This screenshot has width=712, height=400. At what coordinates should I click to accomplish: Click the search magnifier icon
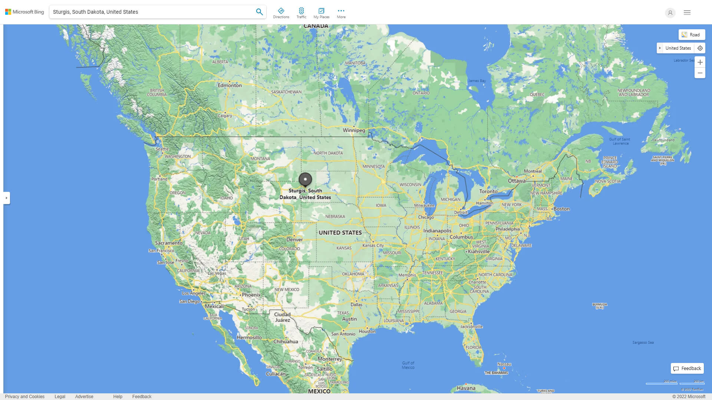tap(259, 12)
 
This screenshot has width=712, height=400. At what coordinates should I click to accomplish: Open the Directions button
tap(281, 13)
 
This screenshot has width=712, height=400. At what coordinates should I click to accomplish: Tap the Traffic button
tap(301, 13)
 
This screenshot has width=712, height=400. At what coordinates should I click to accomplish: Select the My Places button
tap(321, 13)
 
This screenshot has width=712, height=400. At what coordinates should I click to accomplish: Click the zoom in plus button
tap(700, 62)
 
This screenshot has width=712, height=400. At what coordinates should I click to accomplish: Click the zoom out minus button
tap(700, 73)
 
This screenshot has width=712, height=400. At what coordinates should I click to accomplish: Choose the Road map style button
tap(692, 35)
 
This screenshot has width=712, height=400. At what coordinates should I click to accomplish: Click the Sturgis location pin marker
tap(305, 180)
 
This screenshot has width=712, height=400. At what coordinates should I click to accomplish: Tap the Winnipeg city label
tap(354, 130)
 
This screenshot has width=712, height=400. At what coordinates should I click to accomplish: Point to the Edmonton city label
tap(230, 85)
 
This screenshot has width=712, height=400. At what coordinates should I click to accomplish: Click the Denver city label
tap(294, 239)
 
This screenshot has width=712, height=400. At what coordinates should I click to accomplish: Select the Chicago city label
tap(426, 217)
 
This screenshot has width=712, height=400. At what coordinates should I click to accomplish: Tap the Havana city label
tap(466, 388)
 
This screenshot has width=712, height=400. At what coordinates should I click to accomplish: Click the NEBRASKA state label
tap(335, 216)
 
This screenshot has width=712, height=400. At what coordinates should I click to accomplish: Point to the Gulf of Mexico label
tap(408, 365)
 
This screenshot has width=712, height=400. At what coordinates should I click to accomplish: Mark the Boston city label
tap(561, 209)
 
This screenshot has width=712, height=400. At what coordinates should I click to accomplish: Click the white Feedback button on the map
tap(687, 369)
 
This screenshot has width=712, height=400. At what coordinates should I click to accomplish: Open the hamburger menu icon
tap(687, 13)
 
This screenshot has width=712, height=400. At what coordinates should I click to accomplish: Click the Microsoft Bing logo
tap(24, 12)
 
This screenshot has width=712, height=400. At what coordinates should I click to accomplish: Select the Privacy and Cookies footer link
tap(24, 397)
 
